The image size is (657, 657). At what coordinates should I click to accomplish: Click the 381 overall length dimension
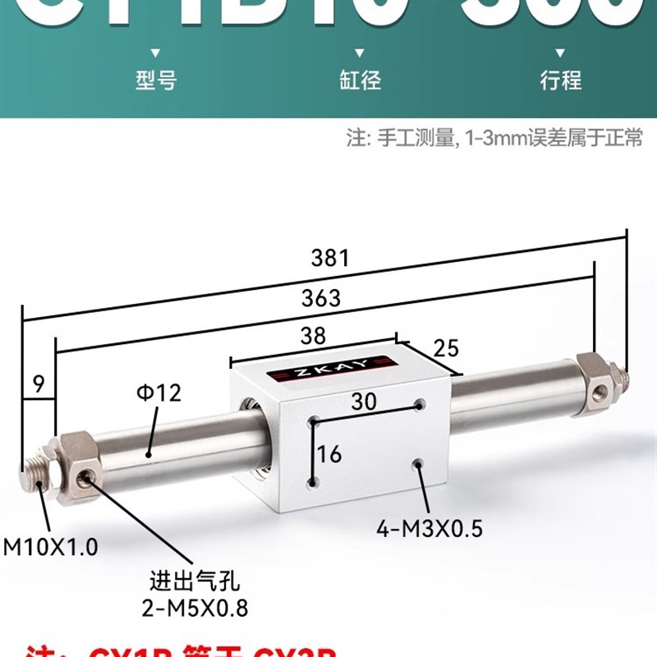pos(330,258)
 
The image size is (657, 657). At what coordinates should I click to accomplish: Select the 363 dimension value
pos(320,297)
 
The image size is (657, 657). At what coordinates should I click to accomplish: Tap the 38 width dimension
pos(313,335)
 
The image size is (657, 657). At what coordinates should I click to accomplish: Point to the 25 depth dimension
pos(444,347)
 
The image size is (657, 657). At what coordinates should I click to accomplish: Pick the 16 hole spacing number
pos(330,453)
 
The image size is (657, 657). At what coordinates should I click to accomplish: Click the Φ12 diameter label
pos(159,393)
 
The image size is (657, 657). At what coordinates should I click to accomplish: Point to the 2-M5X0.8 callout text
pos(193,608)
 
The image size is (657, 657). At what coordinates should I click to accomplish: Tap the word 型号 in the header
pos(155,80)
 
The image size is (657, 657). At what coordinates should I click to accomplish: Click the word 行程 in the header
pos(560,80)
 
